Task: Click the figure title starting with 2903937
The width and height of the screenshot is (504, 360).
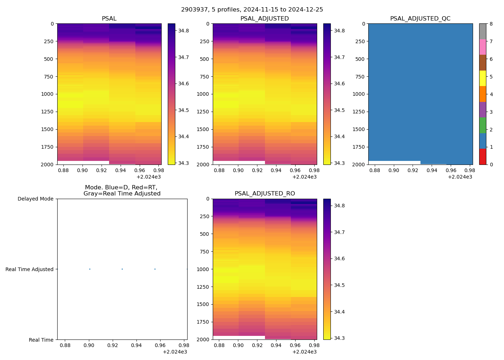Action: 252,10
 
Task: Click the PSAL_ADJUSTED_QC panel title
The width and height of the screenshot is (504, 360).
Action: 420,19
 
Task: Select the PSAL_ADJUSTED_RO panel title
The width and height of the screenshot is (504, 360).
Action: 265,194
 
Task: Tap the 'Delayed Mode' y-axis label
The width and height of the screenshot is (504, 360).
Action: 35,199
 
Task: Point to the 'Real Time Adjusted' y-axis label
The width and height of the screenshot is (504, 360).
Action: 30,269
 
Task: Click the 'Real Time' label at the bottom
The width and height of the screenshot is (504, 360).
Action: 41,340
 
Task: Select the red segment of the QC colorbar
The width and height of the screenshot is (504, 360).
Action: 482,157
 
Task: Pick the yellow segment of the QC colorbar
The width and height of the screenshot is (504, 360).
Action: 482,78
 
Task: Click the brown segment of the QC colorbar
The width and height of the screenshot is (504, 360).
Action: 482,63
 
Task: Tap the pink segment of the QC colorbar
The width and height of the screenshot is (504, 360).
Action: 482,47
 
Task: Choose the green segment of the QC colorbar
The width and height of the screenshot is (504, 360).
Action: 482,125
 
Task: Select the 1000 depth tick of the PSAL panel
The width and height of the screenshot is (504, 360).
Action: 47,94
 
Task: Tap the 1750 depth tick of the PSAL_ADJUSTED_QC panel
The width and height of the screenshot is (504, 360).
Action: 358,147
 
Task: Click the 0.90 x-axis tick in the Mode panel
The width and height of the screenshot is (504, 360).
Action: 89,345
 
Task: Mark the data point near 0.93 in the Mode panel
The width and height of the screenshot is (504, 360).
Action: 122,269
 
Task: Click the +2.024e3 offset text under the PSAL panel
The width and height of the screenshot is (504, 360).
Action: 148,177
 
